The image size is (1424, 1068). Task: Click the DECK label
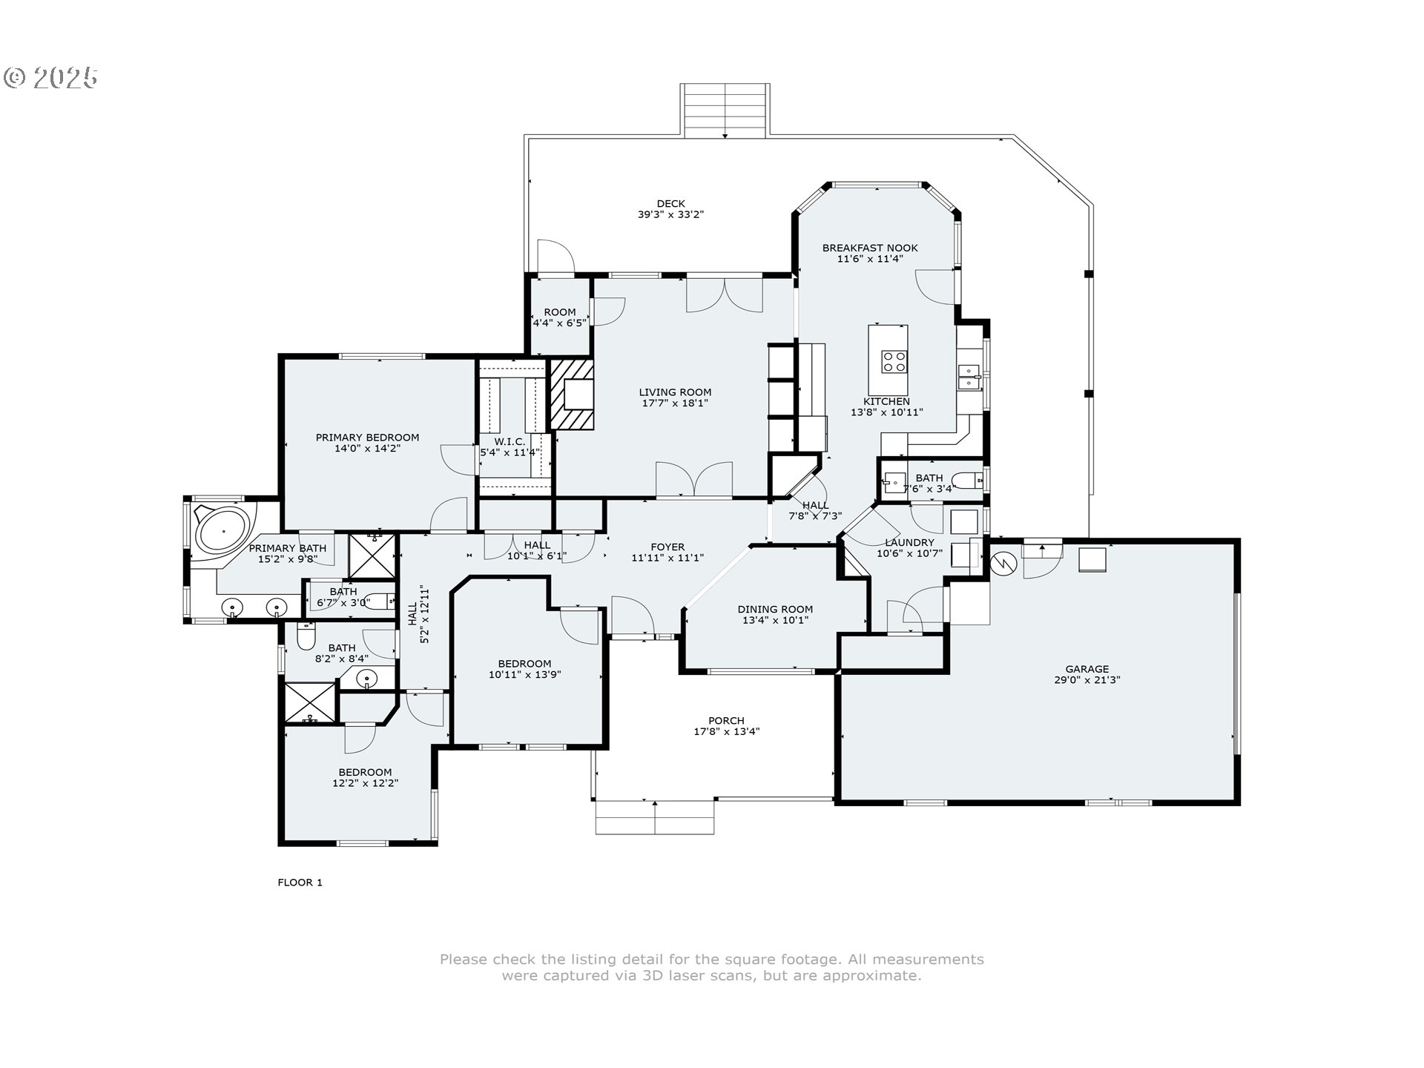670,204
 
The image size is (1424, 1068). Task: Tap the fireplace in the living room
572,395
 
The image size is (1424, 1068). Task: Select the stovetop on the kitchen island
894,361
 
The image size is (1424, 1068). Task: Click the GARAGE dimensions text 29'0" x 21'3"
1087,680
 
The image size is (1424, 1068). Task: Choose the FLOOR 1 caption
300,883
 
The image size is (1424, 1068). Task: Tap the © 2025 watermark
50,78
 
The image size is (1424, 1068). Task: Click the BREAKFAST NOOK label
870,248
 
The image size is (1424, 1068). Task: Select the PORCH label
726,721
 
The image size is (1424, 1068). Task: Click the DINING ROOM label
775,610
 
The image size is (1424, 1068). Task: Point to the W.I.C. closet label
510,442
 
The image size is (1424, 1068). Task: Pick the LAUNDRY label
909,543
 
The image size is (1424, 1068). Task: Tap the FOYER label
667,547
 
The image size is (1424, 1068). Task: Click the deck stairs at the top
725,111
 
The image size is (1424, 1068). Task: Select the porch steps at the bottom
655,817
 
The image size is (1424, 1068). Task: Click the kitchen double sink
969,377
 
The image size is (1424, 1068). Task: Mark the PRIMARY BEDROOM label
367,438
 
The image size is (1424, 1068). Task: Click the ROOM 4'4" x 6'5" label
560,317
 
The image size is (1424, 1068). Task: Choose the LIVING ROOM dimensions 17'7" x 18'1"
675,403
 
